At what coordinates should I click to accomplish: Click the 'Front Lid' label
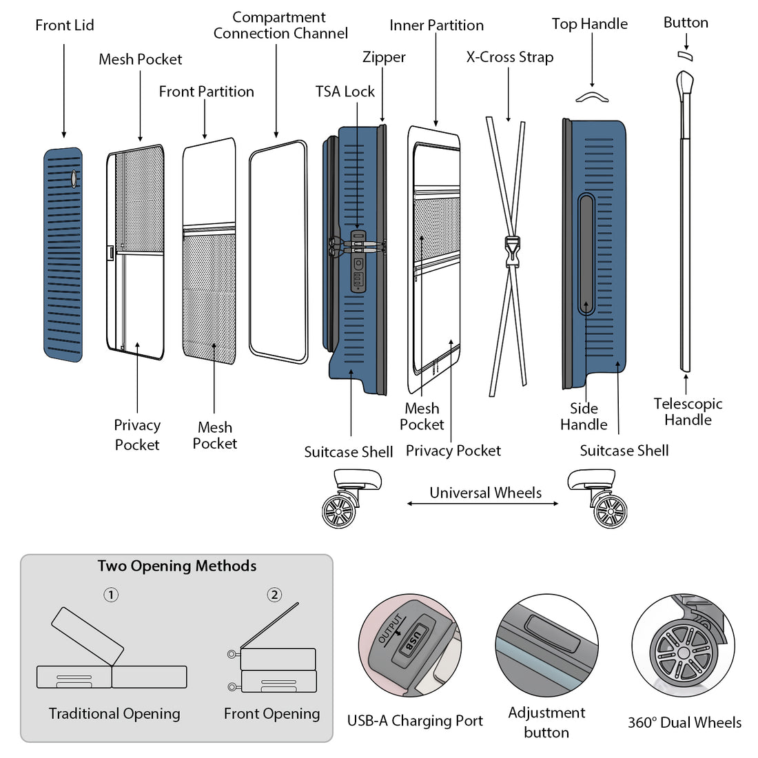tap(65, 25)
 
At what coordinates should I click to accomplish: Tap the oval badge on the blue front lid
tap(74, 178)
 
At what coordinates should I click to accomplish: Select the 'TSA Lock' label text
tap(345, 92)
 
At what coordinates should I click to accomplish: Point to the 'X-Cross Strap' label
tap(509, 57)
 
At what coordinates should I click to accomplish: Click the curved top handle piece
tap(592, 97)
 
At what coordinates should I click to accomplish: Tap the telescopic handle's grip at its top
tap(685, 83)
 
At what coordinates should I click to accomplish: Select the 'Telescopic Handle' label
tap(688, 411)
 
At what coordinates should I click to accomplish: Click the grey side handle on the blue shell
tap(586, 254)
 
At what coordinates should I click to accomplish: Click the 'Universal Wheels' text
tap(485, 493)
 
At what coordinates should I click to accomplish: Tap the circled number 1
tap(111, 595)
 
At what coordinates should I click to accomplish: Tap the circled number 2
tap(274, 595)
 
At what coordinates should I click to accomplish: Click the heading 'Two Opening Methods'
tap(177, 566)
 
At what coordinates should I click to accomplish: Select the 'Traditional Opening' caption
tap(114, 714)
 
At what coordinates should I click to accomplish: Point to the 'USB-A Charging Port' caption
tap(415, 721)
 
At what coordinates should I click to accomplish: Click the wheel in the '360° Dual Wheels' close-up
tap(683, 651)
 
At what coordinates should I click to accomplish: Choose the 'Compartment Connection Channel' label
tap(280, 25)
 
